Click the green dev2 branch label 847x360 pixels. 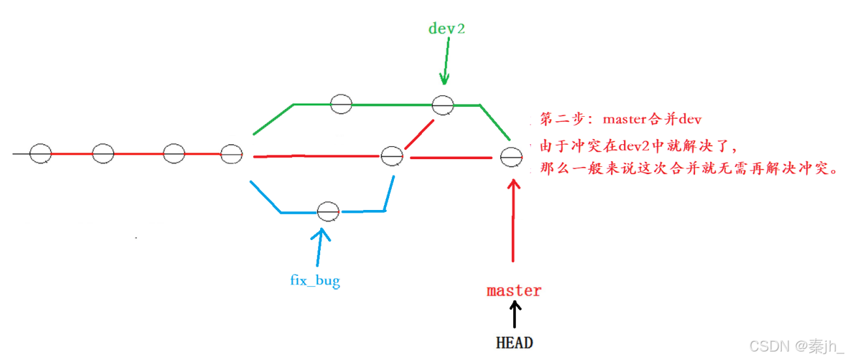tap(447, 28)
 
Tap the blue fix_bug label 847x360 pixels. tap(315, 281)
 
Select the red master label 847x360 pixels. tap(514, 291)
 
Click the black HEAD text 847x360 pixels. tap(514, 342)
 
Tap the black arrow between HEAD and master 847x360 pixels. tap(514, 316)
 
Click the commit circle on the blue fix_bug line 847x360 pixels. tap(328, 211)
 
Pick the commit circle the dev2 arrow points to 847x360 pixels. tap(443, 104)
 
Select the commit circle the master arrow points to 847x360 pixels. tap(511, 157)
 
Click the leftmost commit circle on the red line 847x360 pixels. tap(40, 153)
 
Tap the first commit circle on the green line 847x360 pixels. tap(341, 103)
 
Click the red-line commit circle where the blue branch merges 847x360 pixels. tap(392, 157)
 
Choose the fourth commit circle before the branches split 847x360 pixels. tap(231, 154)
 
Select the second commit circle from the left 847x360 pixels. tap(103, 153)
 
